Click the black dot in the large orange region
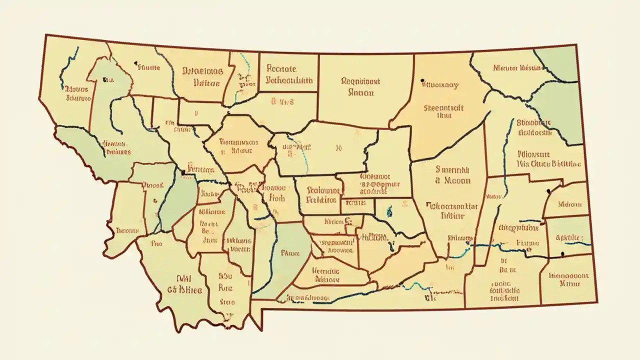tap(423, 80)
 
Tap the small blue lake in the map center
tap(388, 212)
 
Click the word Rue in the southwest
tap(225, 288)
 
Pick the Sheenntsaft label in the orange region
tap(444, 107)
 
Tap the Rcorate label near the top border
tap(281, 68)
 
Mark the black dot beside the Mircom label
tap(548, 191)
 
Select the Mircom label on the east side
tap(570, 204)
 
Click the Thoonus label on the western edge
tap(127, 230)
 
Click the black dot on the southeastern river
tap(563, 254)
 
